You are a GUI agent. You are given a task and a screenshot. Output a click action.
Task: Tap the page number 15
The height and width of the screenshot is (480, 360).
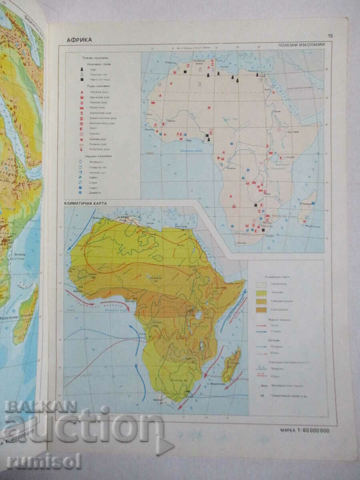(330, 36)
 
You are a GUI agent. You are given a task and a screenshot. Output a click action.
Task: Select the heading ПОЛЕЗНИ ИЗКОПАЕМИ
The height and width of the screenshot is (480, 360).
(305, 45)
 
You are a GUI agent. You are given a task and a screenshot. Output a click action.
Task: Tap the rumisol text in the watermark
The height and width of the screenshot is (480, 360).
(44, 461)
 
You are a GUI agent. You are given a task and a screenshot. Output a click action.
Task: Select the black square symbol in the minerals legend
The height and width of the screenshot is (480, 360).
(82, 80)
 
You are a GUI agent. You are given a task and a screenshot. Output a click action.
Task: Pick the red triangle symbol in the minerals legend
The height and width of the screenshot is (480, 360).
(82, 92)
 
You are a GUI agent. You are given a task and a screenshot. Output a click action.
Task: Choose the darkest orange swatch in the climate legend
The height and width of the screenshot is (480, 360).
(262, 310)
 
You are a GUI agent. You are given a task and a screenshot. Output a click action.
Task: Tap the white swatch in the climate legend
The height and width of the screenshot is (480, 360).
(262, 284)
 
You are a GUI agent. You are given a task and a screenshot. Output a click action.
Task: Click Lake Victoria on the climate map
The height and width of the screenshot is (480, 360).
(198, 316)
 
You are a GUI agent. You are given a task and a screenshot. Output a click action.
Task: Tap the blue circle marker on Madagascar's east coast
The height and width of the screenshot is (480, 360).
(313, 203)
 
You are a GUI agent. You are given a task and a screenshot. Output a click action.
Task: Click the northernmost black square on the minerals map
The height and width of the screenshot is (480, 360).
(185, 72)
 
